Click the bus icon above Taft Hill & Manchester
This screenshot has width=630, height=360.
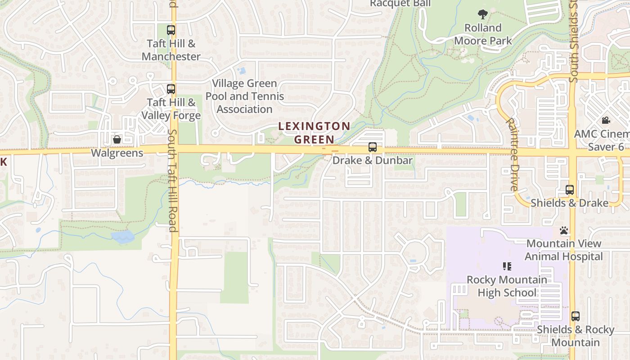(171, 31)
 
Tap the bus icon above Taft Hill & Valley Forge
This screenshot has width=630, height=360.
(171, 89)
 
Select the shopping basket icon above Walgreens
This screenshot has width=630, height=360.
(117, 139)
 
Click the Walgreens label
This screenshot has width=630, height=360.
(117, 153)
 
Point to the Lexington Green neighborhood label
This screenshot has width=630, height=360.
(314, 133)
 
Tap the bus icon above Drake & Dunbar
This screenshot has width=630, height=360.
(373, 147)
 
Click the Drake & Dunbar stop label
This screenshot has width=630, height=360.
(373, 160)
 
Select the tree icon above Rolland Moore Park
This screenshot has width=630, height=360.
(483, 14)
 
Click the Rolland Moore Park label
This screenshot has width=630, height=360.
(483, 34)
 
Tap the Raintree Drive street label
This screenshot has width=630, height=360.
(512, 154)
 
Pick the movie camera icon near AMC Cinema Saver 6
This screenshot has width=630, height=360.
(606, 121)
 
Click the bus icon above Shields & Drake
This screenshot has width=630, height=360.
(570, 190)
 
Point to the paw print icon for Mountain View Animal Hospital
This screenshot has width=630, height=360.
(564, 231)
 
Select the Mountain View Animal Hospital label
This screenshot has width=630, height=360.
(564, 250)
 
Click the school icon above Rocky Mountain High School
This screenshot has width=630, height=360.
(507, 266)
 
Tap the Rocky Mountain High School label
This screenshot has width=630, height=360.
(507, 286)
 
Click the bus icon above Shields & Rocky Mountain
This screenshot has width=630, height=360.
(576, 316)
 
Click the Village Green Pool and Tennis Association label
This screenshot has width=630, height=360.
(245, 96)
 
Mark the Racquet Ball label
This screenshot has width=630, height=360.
(400, 4)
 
